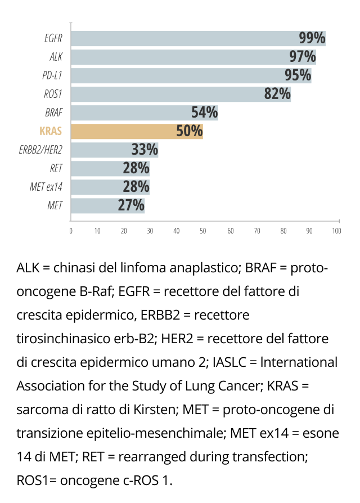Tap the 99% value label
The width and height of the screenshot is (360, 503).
[312, 38]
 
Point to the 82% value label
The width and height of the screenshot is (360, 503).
[277, 94]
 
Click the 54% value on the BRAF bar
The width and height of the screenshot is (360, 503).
[204, 113]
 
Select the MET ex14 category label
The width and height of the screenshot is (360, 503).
[46, 187]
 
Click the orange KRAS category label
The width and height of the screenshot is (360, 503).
[51, 132]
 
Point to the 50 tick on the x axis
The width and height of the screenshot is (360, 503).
[203, 231]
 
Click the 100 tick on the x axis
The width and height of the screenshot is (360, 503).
[336, 231]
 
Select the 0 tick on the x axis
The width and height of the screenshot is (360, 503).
[71, 231]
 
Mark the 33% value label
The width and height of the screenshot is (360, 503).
[145, 150]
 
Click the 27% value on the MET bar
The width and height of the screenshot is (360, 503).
[131, 205]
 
